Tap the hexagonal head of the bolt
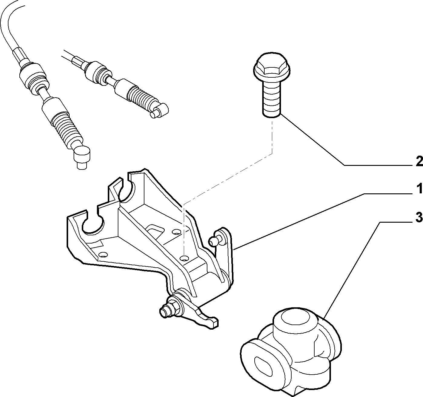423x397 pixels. [272, 67]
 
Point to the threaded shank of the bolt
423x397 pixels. [272, 99]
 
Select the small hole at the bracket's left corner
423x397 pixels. [103, 254]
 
